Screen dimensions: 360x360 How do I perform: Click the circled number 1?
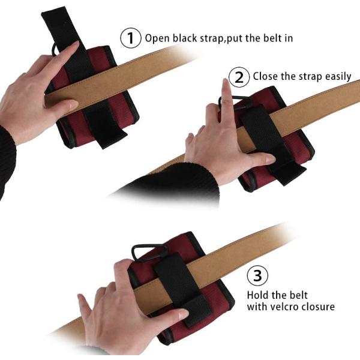tap(130, 38)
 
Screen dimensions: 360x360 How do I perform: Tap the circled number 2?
tap(239, 77)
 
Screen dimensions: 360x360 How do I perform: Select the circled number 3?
tap(257, 275)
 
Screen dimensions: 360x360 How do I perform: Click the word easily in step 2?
tap(338, 77)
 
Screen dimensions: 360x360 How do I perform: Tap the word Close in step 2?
tap(265, 76)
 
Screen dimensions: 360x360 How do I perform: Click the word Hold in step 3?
tap(257, 295)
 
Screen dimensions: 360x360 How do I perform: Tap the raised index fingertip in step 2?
tap(226, 82)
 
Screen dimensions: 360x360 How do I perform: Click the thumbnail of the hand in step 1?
tap(73, 105)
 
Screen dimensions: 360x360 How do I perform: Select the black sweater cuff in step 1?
tap(7, 161)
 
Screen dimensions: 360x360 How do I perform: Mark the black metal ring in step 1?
tap(53, 49)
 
